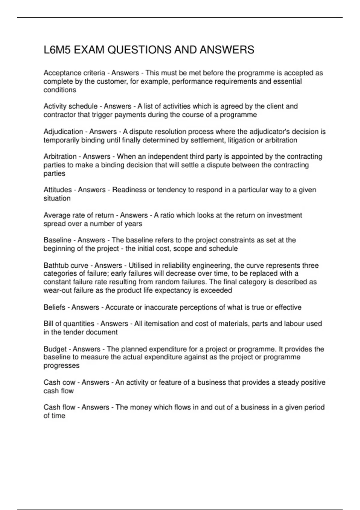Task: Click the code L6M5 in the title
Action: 57,50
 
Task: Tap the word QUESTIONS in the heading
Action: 139,50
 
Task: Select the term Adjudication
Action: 63,132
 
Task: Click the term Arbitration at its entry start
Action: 60,157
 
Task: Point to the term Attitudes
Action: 58,190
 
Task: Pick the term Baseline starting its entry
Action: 57,240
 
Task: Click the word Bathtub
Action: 55,265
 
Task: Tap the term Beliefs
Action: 54,307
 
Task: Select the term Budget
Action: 55,349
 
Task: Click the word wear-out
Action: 55,290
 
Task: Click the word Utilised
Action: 140,265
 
